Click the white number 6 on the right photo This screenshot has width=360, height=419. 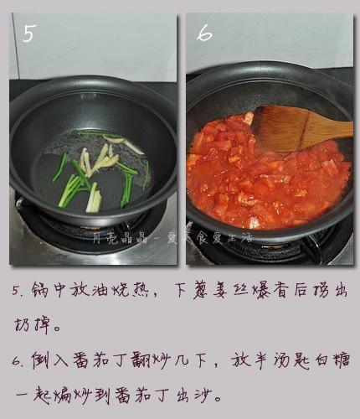click(x=205, y=34)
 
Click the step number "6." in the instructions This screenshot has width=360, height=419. click(x=18, y=360)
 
